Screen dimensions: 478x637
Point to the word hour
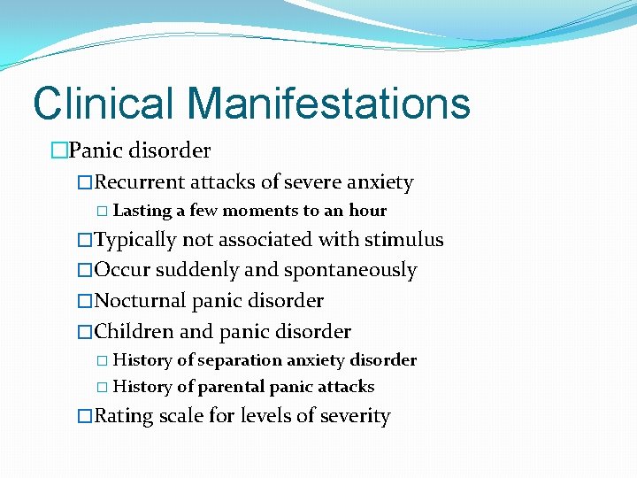[x=368, y=211]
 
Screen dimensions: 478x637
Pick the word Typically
[x=136, y=240]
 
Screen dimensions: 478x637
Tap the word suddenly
[x=192, y=270]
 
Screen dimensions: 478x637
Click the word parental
[x=232, y=387]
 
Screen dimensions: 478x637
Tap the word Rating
[x=124, y=416]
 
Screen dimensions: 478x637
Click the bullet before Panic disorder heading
[x=59, y=151]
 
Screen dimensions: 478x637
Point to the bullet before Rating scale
[x=85, y=417]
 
